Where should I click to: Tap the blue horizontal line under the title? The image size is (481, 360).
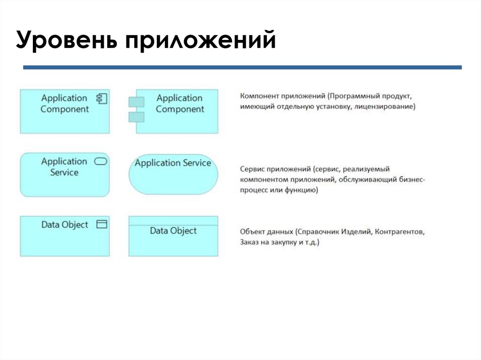pos(242,68)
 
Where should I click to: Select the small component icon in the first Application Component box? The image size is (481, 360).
pos(101,98)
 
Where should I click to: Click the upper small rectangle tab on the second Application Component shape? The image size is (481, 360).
pos(136,101)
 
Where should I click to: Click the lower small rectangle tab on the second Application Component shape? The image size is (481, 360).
pos(136,117)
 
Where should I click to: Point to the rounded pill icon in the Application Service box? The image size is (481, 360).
pos(101,161)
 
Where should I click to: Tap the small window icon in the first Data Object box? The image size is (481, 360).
pos(101,224)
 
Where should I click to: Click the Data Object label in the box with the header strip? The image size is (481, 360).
pos(173,231)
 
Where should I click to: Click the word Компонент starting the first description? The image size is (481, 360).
pos(259,96)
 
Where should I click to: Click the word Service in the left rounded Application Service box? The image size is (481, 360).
pos(64,173)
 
